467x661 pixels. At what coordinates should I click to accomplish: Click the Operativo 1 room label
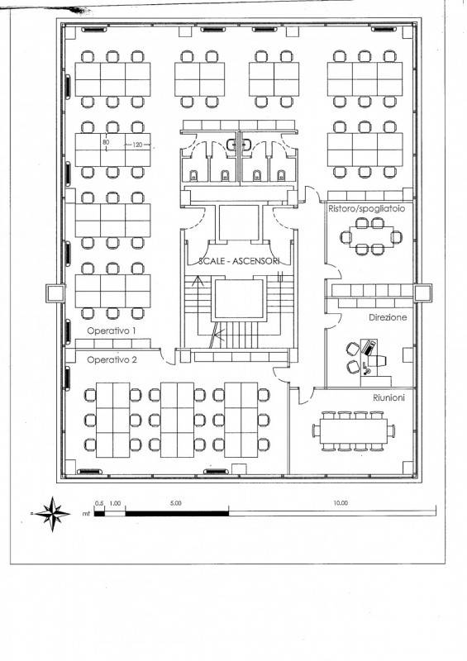112,331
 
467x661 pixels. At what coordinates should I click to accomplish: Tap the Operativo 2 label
112,360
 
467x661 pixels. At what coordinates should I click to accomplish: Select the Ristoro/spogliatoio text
367,209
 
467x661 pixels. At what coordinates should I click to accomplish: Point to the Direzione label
388,317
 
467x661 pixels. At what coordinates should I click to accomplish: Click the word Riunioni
388,397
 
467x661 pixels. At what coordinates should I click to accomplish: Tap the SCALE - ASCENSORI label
239,261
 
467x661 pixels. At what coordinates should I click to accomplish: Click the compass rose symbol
52,514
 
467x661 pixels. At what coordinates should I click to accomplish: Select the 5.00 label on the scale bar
175,503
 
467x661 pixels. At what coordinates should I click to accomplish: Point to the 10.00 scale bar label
341,503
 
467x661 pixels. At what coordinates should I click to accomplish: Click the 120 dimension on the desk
137,145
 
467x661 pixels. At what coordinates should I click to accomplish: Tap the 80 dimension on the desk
106,142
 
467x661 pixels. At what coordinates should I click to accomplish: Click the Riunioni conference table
354,430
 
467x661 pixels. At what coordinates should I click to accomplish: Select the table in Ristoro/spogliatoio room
371,236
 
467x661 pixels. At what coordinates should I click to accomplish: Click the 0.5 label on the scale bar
99,503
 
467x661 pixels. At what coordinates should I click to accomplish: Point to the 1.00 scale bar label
115,503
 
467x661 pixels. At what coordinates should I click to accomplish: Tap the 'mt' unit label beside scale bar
87,514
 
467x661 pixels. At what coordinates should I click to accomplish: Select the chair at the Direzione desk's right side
379,360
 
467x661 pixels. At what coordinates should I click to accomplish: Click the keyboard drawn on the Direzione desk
369,347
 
